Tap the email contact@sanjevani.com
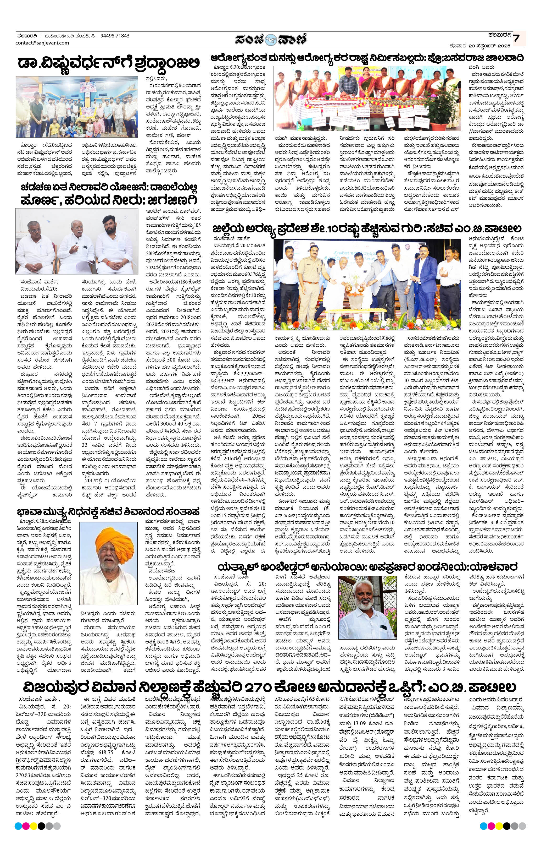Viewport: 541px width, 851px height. (x=42, y=43)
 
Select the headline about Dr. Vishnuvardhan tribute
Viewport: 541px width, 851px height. (x=109, y=64)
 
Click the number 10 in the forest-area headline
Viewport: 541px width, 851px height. (x=331, y=229)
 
